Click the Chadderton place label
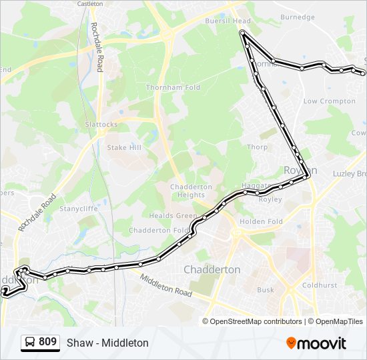click(212, 269)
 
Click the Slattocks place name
click(101, 125)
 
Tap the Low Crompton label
click(329, 101)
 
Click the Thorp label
click(257, 147)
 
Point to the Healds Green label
click(172, 215)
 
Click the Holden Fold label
click(261, 221)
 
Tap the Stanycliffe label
click(79, 209)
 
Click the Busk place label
click(265, 290)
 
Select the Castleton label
click(90, 3)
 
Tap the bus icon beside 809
click(30, 343)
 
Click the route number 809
click(47, 342)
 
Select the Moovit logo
click(316, 343)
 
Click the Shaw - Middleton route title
click(107, 343)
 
